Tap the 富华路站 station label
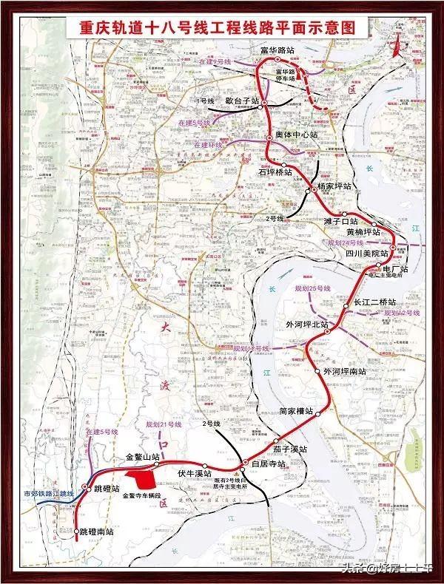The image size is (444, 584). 278,51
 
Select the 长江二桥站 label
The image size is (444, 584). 374,303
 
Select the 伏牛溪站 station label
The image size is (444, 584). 194,472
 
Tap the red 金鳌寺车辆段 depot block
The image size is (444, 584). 140,478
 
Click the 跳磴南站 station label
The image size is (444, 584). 97,532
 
